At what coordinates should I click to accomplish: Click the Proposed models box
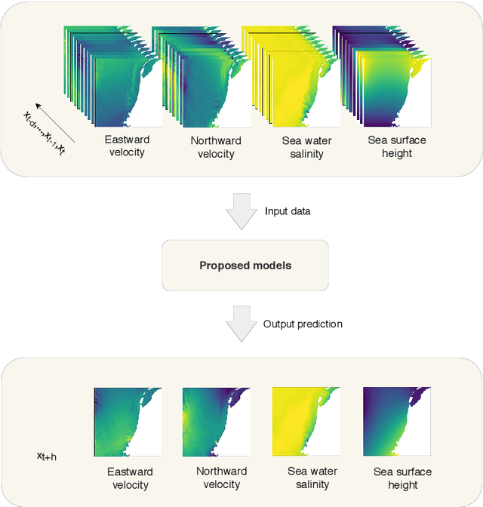pos(245,266)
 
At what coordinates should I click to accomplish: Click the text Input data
pos(288,211)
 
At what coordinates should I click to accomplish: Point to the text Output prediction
pos(303,324)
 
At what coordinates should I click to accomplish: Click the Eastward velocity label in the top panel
pos(128,146)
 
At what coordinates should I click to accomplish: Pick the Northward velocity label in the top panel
pos(216,147)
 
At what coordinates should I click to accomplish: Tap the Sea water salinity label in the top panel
pos(307,147)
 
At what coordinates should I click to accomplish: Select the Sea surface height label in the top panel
pos(396,146)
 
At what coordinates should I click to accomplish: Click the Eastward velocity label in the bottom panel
pos(131,478)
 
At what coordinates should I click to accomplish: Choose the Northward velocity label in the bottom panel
pos(222,478)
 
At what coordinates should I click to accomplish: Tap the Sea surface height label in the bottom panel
pos(403,478)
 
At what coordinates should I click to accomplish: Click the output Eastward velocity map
pos(128,422)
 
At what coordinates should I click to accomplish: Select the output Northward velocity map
pos(217,422)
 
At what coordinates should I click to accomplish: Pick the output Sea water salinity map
pos(306,422)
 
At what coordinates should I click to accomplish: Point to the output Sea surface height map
pos(397,422)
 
